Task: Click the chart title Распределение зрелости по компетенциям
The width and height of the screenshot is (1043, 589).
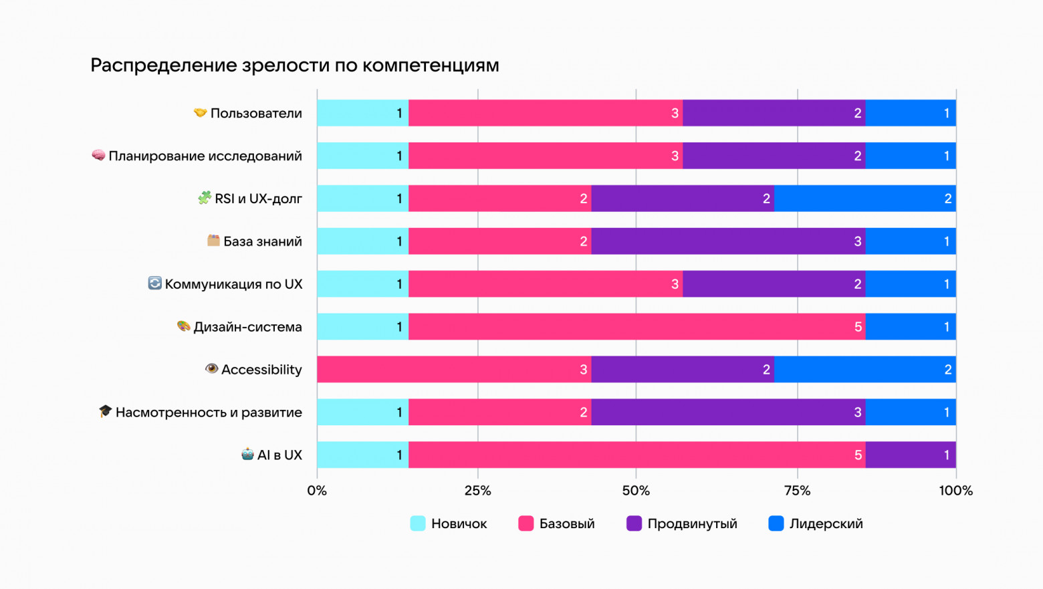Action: click(x=294, y=66)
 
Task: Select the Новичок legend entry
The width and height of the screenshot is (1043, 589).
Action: click(x=449, y=523)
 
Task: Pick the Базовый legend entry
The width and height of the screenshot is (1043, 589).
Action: click(x=556, y=523)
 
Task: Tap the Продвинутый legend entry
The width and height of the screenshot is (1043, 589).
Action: click(x=681, y=523)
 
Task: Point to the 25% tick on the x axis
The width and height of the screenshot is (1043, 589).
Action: click(x=477, y=491)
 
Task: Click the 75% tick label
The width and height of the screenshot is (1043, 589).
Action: click(x=797, y=491)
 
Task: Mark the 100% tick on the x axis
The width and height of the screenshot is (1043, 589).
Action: click(x=955, y=491)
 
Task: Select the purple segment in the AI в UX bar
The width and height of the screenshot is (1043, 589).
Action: click(x=910, y=455)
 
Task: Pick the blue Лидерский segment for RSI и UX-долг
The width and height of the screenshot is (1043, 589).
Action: click(x=864, y=199)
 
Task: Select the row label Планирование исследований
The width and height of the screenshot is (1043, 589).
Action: click(x=205, y=156)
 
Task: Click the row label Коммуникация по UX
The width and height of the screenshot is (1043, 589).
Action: click(x=233, y=284)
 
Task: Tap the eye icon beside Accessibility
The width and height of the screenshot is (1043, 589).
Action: click(x=211, y=369)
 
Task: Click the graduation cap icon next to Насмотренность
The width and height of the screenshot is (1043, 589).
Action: click(x=105, y=411)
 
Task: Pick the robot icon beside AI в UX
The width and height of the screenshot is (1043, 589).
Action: click(x=247, y=455)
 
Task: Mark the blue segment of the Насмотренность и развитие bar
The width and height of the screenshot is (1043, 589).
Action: click(x=910, y=413)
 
